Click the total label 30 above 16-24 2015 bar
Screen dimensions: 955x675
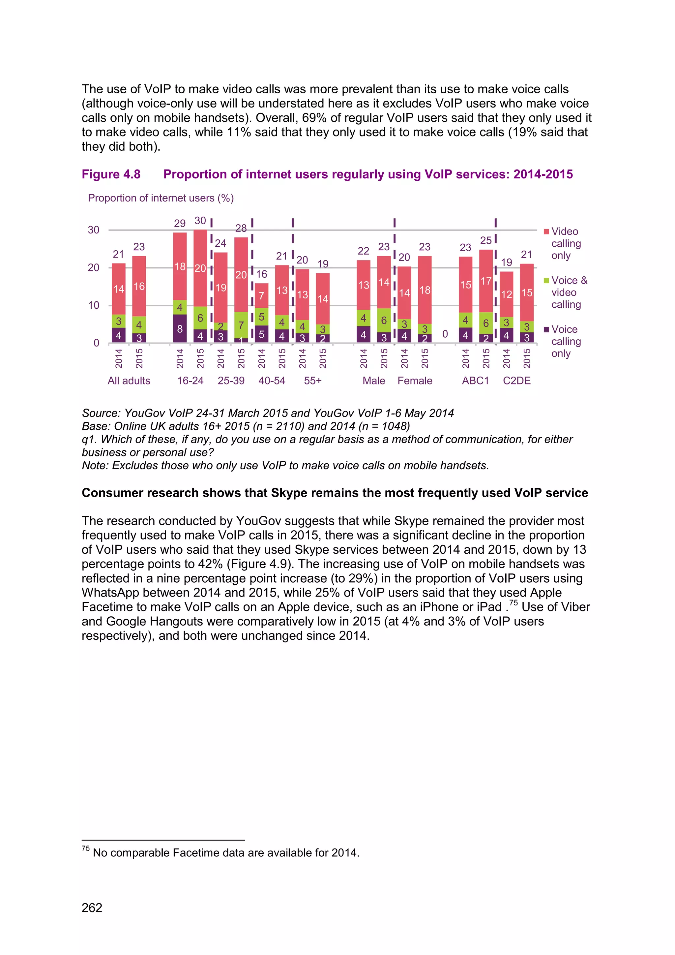click(x=200, y=221)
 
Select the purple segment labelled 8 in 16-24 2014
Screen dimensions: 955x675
click(x=180, y=328)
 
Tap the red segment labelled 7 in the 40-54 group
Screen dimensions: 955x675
click(x=261, y=296)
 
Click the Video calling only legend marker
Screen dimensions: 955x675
click(x=546, y=232)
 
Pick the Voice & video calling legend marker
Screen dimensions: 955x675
click(x=546, y=281)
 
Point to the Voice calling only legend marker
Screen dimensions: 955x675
click(x=546, y=330)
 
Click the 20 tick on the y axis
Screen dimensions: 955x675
click(x=94, y=267)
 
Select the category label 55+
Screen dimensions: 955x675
click(x=312, y=381)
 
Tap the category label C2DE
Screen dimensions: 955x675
click(x=517, y=381)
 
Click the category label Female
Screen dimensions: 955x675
click(x=415, y=381)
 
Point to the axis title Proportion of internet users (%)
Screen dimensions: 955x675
click(x=161, y=198)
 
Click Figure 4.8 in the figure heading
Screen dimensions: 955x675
click(x=111, y=174)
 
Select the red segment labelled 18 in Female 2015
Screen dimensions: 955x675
click(x=425, y=290)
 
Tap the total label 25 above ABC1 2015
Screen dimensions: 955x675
click(x=485, y=240)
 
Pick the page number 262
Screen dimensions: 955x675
click(x=92, y=908)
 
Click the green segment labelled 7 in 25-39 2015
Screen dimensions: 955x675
click(x=241, y=325)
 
